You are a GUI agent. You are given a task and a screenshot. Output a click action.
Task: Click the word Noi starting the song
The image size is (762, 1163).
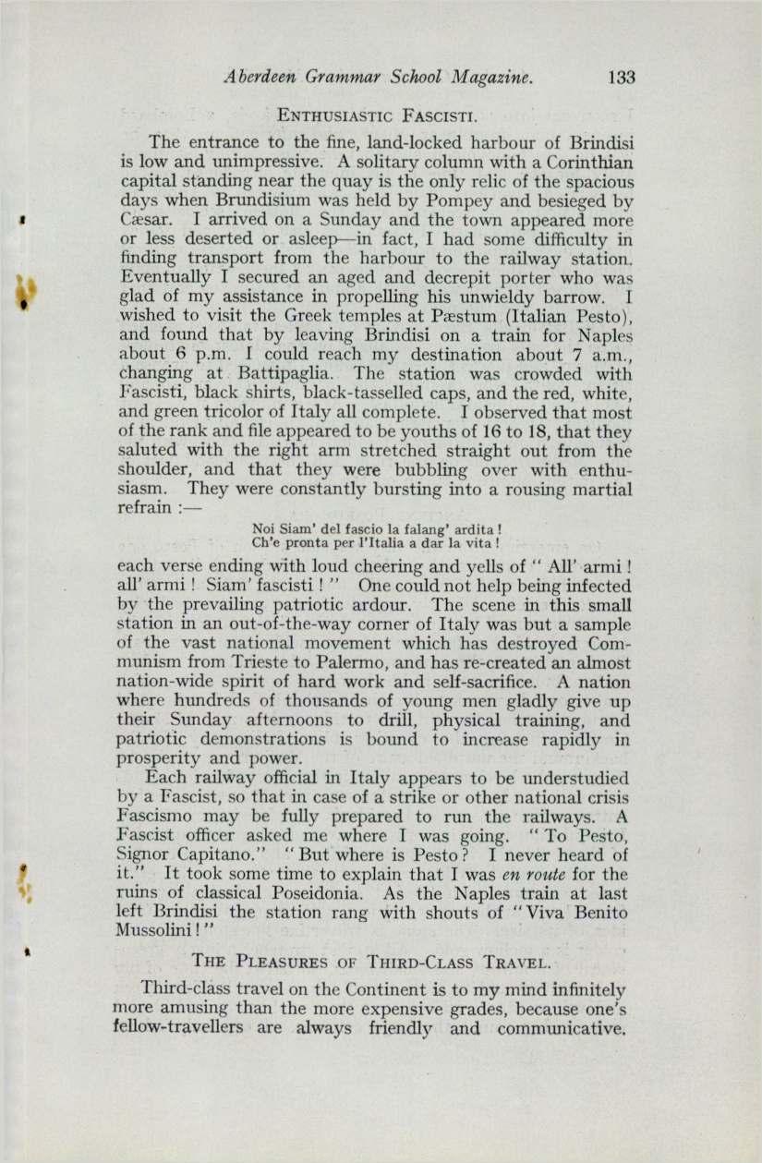click(262, 527)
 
